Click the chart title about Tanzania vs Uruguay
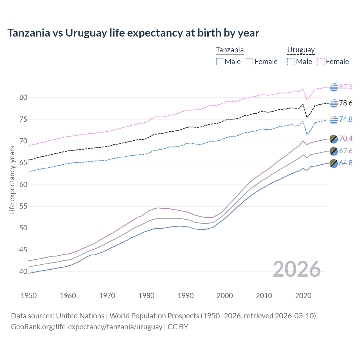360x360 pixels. pos(133,33)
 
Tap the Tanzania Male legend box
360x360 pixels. pos(220,62)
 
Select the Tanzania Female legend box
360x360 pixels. pos(249,62)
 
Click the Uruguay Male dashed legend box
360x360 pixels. pos(291,62)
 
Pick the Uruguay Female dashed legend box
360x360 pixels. pos(321,62)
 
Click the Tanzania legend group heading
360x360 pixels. pos(230,50)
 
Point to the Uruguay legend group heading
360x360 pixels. pos(301,50)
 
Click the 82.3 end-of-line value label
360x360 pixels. pos(346,87)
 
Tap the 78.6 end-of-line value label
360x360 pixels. pos(346,103)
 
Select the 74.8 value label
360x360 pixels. pos(346,119)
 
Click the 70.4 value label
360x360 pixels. pos(346,138)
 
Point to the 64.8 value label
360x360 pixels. pos(346,163)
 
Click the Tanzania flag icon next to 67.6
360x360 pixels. pos(334,151)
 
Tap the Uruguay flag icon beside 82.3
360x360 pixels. pos(334,87)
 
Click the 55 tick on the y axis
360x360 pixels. pos(23,206)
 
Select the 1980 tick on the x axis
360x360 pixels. pos(146,296)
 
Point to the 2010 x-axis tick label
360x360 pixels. pos(264,296)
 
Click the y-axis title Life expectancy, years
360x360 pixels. pos(12,180)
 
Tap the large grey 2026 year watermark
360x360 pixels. pos(296,269)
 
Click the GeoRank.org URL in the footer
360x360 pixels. pos(87,327)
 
